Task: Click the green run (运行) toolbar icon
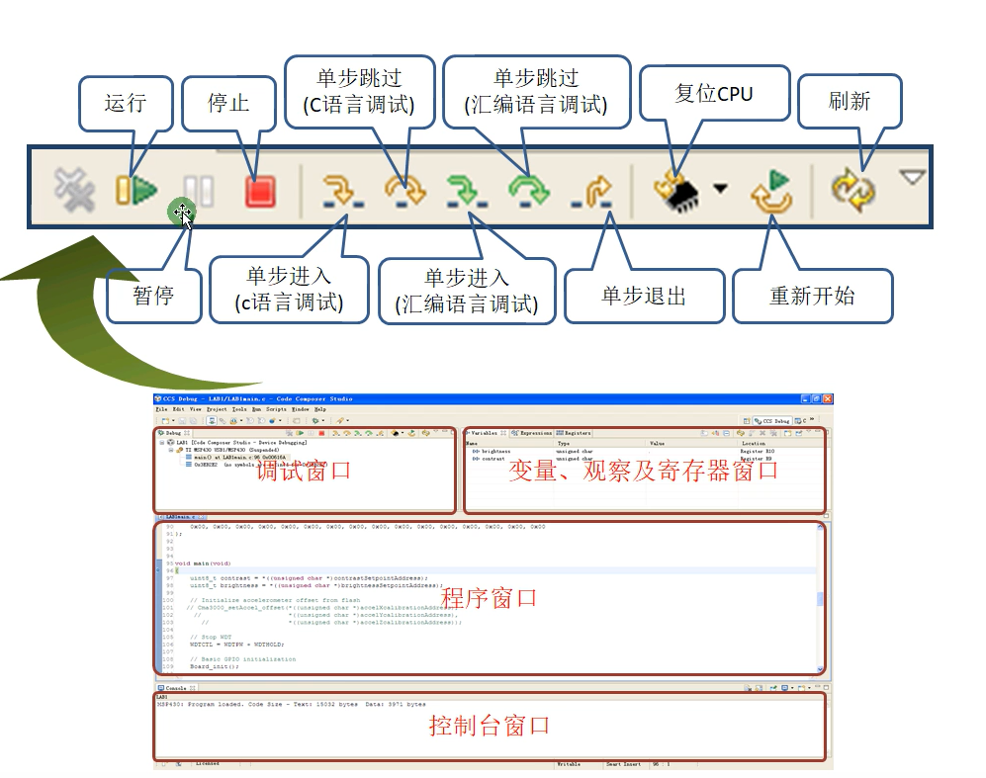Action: click(x=136, y=189)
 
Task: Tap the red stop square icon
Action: click(x=259, y=189)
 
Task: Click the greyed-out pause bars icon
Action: click(x=199, y=190)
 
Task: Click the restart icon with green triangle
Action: click(x=772, y=191)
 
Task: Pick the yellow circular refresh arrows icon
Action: click(x=852, y=189)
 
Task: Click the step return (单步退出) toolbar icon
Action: click(x=594, y=191)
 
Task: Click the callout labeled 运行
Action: click(x=125, y=103)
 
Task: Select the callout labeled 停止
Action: click(x=228, y=103)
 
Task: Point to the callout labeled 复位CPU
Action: click(x=713, y=94)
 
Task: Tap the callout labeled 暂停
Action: click(x=153, y=295)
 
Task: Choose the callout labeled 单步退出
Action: click(x=644, y=296)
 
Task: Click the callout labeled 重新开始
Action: click(x=812, y=296)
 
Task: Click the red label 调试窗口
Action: click(x=303, y=471)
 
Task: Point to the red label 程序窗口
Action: click(x=489, y=597)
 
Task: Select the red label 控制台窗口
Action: click(x=489, y=726)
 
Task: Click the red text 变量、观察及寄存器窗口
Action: click(x=643, y=471)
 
